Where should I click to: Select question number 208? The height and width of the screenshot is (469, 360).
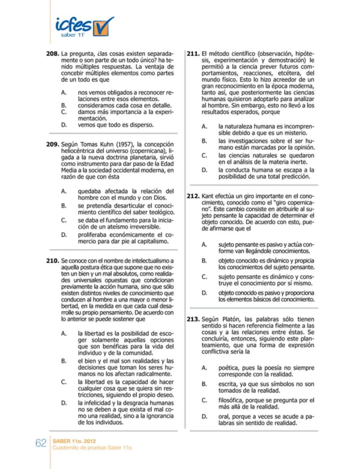pos(53,54)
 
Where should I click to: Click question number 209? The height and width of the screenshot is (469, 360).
pos(53,144)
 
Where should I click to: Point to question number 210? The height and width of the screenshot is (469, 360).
pos(53,261)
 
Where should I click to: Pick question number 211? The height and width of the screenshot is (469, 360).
pos(193,54)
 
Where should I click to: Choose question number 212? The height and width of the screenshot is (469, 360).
pos(193,196)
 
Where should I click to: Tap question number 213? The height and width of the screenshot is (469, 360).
pos(193,319)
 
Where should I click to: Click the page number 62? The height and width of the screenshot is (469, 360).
pos(41,443)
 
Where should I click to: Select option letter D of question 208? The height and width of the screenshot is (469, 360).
pos(64,125)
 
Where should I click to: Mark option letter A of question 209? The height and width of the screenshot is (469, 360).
pos(64,191)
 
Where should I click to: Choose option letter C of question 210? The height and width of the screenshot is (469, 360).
pos(64,382)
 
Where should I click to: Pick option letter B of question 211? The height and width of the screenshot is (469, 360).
pos(204,141)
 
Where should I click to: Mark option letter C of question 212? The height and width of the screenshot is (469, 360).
pos(204,277)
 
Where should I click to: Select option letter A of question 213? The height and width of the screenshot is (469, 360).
pos(204,368)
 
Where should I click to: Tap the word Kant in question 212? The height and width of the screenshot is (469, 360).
pos(207,196)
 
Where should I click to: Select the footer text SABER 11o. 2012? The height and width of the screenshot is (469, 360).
pos(74,441)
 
